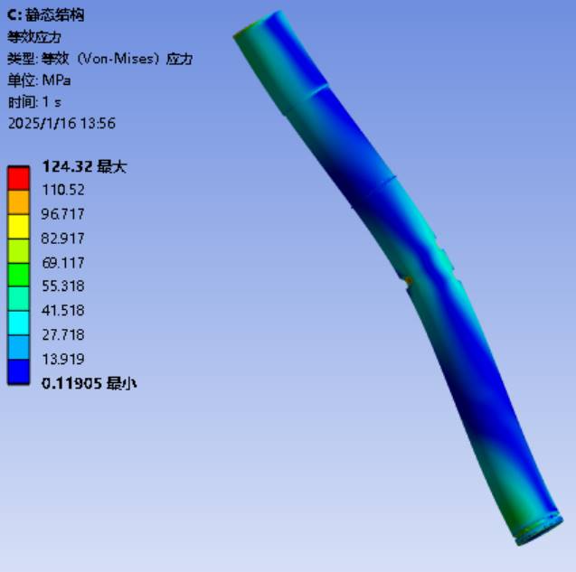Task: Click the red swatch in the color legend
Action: pyautogui.click(x=18, y=178)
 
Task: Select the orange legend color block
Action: pyautogui.click(x=18, y=202)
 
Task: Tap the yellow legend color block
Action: pyautogui.click(x=18, y=227)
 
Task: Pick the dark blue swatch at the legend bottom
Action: pyautogui.click(x=18, y=372)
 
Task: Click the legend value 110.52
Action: pyautogui.click(x=63, y=190)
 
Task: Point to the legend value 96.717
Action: pyautogui.click(x=62, y=214)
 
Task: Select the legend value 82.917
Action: pyautogui.click(x=62, y=239)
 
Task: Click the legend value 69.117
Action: pyautogui.click(x=63, y=263)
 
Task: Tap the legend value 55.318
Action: pyautogui.click(x=63, y=286)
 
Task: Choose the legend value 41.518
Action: pyautogui.click(x=63, y=310)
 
